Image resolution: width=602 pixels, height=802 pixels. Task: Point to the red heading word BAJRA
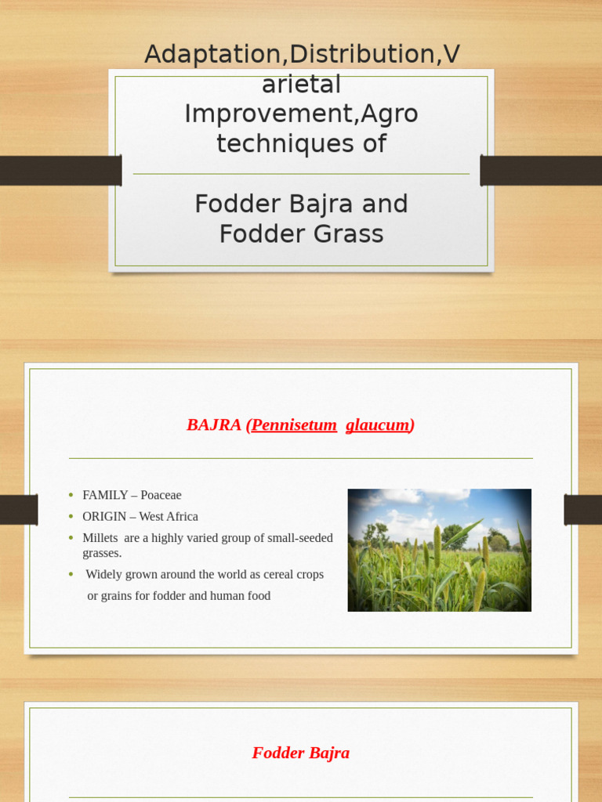pyautogui.click(x=214, y=425)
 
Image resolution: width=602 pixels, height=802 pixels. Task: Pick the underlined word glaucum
pyautogui.click(x=378, y=425)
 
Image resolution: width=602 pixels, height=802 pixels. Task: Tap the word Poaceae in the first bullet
pyautogui.click(x=161, y=495)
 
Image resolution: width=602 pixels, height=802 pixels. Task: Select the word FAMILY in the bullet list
pyautogui.click(x=105, y=495)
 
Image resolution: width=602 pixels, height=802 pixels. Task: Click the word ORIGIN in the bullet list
pyautogui.click(x=104, y=517)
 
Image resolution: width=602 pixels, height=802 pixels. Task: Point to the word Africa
pyautogui.click(x=181, y=517)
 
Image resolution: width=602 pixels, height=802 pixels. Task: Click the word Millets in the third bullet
pyautogui.click(x=100, y=538)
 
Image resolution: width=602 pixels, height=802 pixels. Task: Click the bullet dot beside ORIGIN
pyautogui.click(x=71, y=517)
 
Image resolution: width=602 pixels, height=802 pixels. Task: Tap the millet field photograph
pyautogui.click(x=439, y=550)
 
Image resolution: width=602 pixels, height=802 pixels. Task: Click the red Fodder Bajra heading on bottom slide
pyautogui.click(x=300, y=753)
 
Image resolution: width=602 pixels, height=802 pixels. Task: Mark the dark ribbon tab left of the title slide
pyautogui.click(x=60, y=170)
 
